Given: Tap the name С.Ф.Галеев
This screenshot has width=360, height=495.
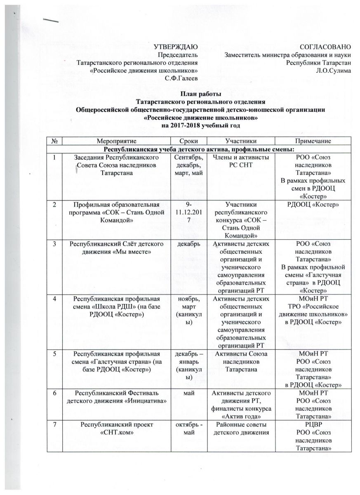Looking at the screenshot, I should (181, 78).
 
